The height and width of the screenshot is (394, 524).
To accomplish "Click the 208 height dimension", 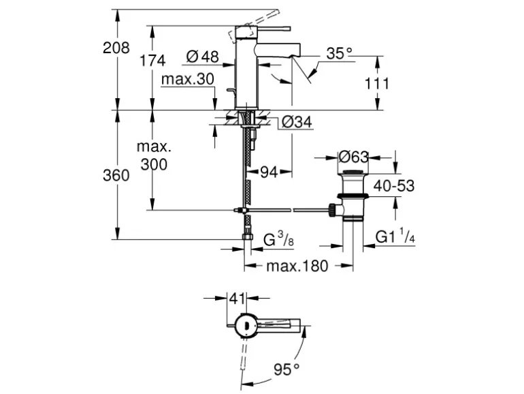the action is (116, 48).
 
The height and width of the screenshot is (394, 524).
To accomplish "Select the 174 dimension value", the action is (152, 61).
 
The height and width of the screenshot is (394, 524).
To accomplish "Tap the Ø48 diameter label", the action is (202, 57).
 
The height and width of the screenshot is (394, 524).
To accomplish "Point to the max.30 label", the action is (187, 79).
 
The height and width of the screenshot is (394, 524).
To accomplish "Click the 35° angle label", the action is (339, 53).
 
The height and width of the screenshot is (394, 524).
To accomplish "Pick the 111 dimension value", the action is (376, 83).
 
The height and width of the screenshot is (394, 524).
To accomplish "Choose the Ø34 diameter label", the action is (297, 122).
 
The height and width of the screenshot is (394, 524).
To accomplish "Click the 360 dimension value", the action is (116, 175).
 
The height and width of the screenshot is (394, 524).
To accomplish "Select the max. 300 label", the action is (154, 155).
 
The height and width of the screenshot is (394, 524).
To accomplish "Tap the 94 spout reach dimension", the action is (269, 172).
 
